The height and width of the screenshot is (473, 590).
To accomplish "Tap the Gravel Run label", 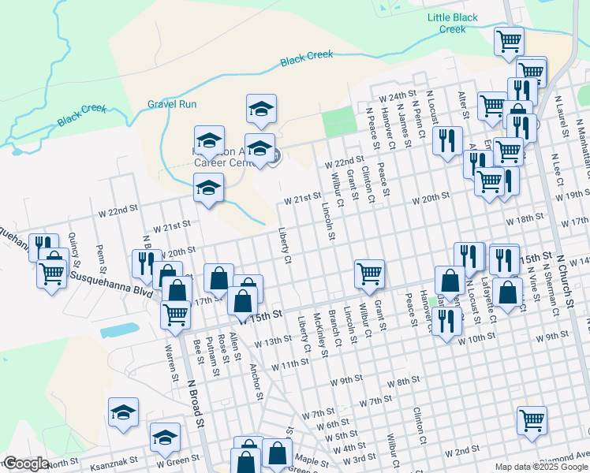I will [x=172, y=104].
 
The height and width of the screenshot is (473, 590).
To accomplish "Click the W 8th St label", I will [x=404, y=382].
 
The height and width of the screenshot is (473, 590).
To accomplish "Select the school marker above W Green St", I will [x=166, y=436].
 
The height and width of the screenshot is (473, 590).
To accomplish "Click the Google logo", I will [x=26, y=464].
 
